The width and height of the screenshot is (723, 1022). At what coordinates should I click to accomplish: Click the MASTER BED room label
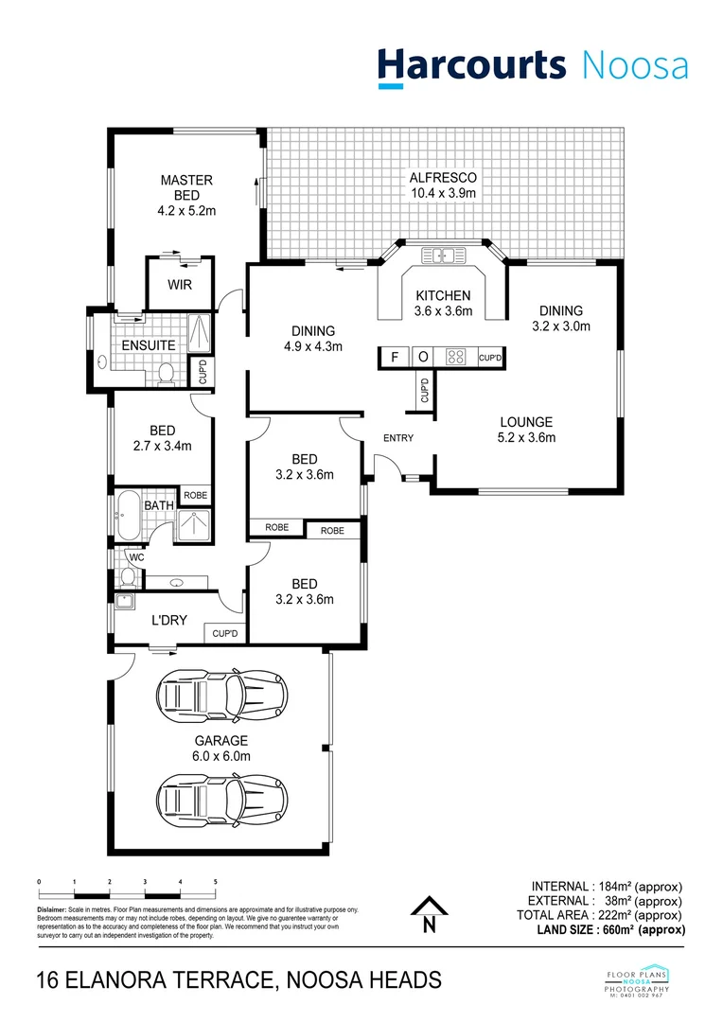tap(186, 181)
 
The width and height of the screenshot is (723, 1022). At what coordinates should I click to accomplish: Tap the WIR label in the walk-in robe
tap(180, 285)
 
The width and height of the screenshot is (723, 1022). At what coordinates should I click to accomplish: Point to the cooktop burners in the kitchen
tap(456, 357)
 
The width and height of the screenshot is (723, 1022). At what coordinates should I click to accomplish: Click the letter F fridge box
tap(394, 357)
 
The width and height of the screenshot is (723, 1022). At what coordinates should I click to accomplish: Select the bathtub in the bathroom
tap(129, 517)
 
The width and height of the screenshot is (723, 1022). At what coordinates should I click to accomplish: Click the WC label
tap(136, 557)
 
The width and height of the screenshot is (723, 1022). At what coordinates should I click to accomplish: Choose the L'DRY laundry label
tap(169, 621)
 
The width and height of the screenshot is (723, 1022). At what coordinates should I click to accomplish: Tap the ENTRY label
tap(398, 438)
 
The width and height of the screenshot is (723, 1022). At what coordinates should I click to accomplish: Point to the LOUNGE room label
tap(526, 422)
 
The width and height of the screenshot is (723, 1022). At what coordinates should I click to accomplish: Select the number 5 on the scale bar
tap(216, 881)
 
